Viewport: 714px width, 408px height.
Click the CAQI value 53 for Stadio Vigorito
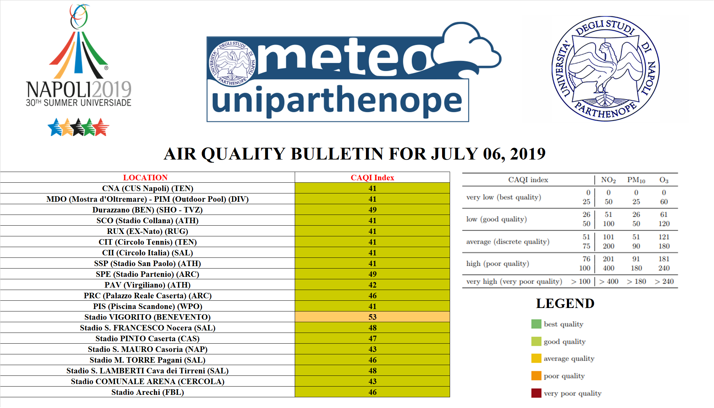372,317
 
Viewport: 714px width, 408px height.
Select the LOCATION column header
145,178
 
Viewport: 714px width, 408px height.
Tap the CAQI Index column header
372,178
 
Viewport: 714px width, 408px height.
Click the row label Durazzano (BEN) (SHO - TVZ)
147,210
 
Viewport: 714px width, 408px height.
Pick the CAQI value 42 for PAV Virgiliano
372,285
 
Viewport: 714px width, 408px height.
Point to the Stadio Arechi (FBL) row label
147,392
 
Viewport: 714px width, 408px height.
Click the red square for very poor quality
536,393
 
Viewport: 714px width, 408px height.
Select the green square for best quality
536,324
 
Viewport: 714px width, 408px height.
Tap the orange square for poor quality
536,376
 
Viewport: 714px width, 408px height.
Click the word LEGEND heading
565,303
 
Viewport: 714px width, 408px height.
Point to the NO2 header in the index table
608,180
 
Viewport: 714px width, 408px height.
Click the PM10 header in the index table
636,180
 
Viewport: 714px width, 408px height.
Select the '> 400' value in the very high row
609,281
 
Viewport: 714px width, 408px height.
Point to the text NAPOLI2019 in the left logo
79,89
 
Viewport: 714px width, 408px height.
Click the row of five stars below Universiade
79,127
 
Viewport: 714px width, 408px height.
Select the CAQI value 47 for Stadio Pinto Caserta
372,338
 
